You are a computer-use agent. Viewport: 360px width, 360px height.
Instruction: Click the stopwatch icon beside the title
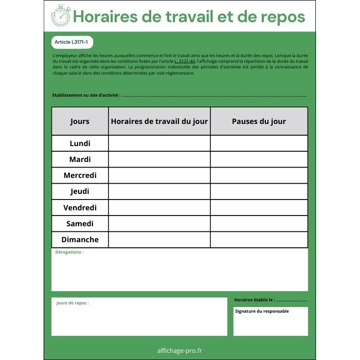point(61,16)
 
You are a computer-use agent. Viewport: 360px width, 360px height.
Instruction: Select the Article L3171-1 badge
point(73,42)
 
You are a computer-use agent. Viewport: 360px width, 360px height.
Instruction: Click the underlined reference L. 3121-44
point(185,61)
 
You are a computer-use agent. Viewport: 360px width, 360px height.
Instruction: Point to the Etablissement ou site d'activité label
point(86,95)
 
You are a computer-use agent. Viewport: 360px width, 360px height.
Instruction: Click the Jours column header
point(80,121)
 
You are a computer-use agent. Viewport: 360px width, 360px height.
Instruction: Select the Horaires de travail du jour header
point(159,121)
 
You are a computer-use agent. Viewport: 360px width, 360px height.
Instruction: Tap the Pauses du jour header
point(259,121)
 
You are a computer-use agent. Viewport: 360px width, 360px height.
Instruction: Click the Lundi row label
point(80,143)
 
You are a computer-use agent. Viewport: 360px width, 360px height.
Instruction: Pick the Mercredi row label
point(80,175)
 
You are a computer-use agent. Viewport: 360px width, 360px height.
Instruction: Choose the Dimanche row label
point(80,240)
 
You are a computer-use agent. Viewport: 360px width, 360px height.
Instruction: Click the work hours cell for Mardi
point(159,159)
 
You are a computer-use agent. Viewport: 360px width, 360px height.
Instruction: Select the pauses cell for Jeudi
point(259,191)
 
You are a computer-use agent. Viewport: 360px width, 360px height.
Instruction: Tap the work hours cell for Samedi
point(159,224)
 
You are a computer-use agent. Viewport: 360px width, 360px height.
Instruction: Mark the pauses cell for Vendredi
point(259,208)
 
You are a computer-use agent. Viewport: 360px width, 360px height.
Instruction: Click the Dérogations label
point(69,252)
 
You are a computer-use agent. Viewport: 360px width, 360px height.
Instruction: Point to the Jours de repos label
point(73,303)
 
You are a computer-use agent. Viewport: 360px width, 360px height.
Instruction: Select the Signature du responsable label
point(262,311)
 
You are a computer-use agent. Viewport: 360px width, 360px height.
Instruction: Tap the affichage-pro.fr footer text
point(179,351)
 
